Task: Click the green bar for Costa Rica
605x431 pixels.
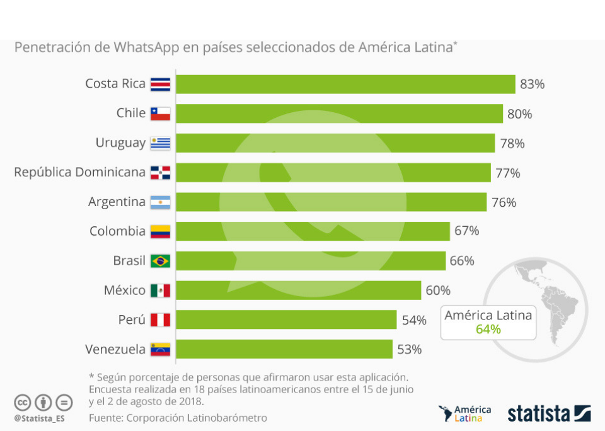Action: (x=345, y=84)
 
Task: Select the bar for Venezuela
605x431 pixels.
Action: (x=284, y=349)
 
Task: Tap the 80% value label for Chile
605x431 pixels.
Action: (x=520, y=114)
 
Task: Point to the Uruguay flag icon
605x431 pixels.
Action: (x=160, y=143)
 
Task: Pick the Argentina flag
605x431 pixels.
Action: (x=160, y=202)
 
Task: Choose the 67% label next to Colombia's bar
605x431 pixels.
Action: (x=467, y=231)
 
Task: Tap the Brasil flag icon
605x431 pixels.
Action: (x=160, y=261)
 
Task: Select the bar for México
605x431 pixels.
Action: (x=298, y=290)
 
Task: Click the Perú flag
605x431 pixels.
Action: (x=160, y=320)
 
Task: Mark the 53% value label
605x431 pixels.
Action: (x=410, y=349)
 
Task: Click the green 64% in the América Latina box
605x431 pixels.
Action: (x=488, y=329)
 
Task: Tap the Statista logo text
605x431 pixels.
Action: (x=539, y=414)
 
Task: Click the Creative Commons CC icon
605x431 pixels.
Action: (x=23, y=402)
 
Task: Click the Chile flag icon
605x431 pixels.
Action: (x=160, y=113)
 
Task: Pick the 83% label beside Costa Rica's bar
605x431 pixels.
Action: (x=533, y=84)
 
